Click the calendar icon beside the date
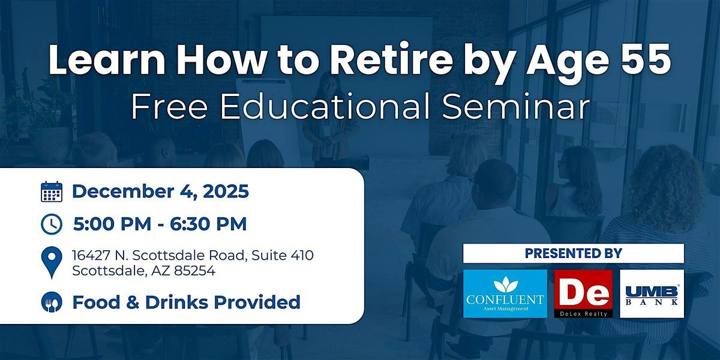(x=52, y=191)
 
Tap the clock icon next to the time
(x=52, y=224)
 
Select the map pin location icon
(x=52, y=262)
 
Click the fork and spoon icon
(x=52, y=302)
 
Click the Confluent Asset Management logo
(x=505, y=293)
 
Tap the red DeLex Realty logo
(x=583, y=293)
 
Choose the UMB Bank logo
(x=652, y=293)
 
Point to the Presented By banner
(x=574, y=253)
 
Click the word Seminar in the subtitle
(x=515, y=106)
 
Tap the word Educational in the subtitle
(x=325, y=106)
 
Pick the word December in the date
(x=123, y=191)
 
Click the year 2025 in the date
(x=226, y=191)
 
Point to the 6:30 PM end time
(x=208, y=224)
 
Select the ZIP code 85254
(x=194, y=271)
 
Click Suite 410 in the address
(x=283, y=255)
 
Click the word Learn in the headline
(x=107, y=60)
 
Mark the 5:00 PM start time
(x=112, y=224)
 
